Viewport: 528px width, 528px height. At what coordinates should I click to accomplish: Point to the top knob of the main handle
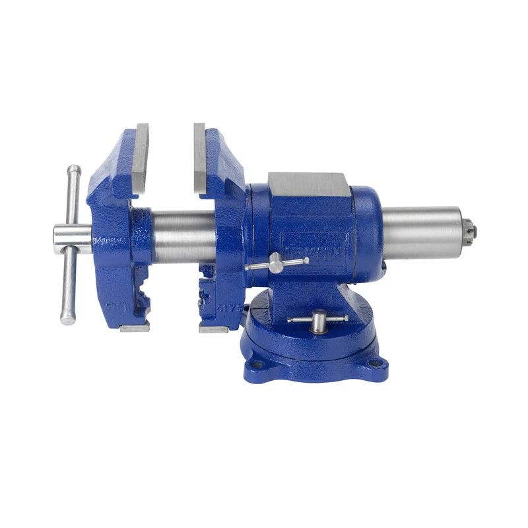tap(74, 171)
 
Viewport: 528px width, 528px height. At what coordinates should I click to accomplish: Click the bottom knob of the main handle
tap(67, 318)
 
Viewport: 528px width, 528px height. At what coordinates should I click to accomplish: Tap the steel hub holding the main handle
tap(71, 235)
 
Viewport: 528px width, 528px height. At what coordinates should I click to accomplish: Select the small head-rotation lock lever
tap(277, 265)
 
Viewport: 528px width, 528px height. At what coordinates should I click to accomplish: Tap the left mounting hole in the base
tap(257, 364)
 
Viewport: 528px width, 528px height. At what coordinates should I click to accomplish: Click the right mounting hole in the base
tap(374, 362)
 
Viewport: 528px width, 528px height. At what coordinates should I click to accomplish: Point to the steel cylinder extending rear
tap(422, 234)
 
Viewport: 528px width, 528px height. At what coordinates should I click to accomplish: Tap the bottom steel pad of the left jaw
tap(135, 327)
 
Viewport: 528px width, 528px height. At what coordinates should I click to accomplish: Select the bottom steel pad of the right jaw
tap(213, 327)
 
